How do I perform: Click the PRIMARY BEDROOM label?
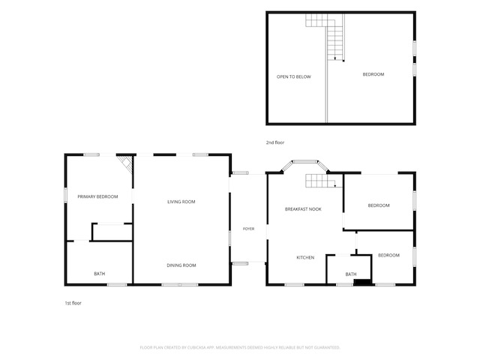coord(97,196)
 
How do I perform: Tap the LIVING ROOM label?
coord(181,202)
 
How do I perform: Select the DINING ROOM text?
coord(181,265)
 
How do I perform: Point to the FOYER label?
coord(248,229)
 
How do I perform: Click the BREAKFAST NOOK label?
coord(303,209)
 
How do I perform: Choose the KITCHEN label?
coord(305,257)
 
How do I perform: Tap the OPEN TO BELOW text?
coord(294,76)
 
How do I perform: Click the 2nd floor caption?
coord(275,142)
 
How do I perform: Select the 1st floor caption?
coord(73,303)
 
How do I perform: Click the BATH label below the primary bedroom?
coord(100,274)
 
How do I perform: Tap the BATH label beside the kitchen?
coord(351,274)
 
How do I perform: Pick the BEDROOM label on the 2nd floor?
coord(373,74)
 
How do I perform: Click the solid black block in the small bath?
coord(362,282)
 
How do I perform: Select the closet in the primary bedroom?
coord(112,232)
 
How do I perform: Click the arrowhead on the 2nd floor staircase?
coord(335,58)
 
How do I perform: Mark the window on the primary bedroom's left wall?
coord(65,195)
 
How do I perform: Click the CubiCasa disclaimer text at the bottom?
coord(240,347)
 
